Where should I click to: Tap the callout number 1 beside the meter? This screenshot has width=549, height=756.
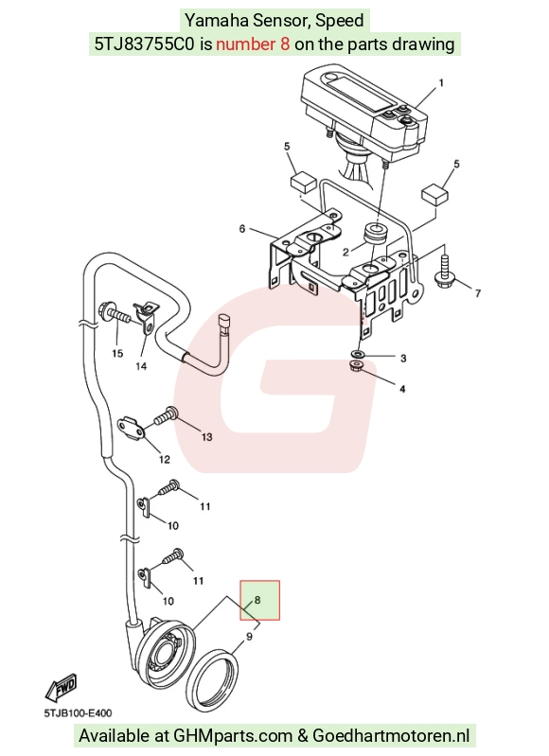(440, 83)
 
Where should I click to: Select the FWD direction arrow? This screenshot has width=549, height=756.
(62, 688)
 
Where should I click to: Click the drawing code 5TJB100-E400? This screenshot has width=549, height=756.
(78, 713)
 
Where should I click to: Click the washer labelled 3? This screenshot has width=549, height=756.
(358, 355)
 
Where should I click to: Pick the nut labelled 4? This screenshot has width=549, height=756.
(357, 367)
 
